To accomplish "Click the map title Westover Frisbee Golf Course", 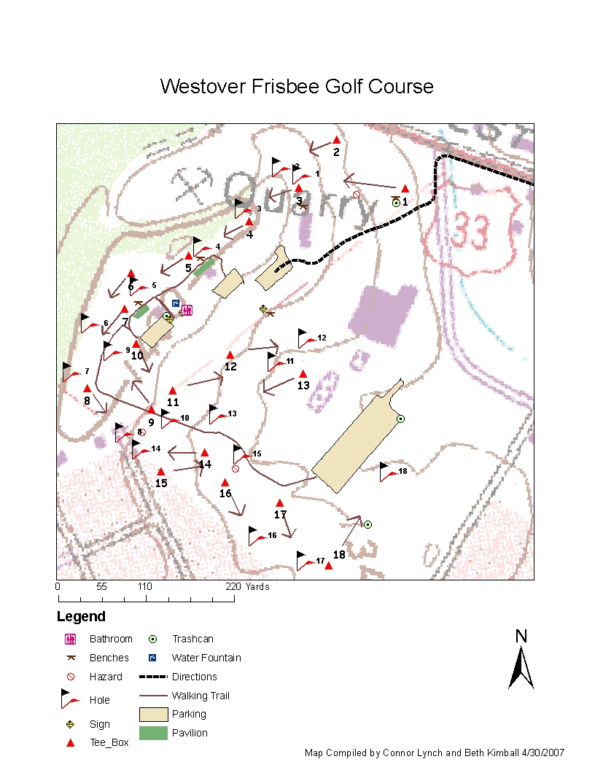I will (x=297, y=87).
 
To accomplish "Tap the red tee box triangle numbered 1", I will (x=405, y=189).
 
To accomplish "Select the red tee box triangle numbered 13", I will (x=303, y=374).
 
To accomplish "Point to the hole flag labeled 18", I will (x=386, y=472).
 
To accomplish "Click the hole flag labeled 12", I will (x=305, y=338).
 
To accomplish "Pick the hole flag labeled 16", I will (x=255, y=536).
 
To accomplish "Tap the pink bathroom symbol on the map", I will (x=187, y=310).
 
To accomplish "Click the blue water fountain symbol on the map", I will (x=175, y=303).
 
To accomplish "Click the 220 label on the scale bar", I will (x=233, y=586).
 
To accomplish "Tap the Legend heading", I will (x=81, y=617).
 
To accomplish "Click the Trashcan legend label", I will (x=192, y=639).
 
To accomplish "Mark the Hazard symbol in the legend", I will (x=71, y=677).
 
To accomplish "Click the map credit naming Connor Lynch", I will (x=434, y=752).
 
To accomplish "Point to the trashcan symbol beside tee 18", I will (x=368, y=524).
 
